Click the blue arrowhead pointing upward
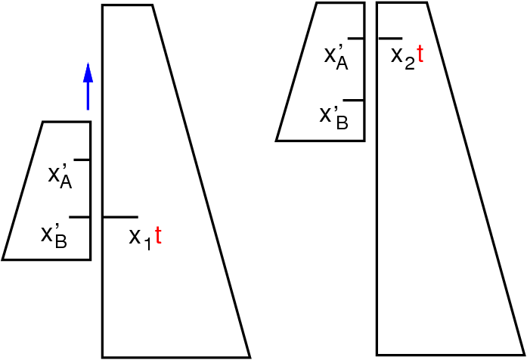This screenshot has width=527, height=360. pyautogui.click(x=88, y=73)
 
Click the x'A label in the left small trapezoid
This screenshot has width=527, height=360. pyautogui.click(x=60, y=177)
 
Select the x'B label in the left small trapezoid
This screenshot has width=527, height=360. pyautogui.click(x=54, y=236)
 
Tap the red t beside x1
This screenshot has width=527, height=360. pyautogui.click(x=158, y=235)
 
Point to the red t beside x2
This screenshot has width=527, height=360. pyautogui.click(x=420, y=54)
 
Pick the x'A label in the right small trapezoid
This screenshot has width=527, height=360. pyautogui.click(x=336, y=57)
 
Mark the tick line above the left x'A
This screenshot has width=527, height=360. pyautogui.click(x=82, y=160)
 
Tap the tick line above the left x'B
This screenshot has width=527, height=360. pyautogui.click(x=79, y=218)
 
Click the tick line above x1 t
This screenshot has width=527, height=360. pyautogui.click(x=120, y=217)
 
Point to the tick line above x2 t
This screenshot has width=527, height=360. pyautogui.click(x=390, y=39)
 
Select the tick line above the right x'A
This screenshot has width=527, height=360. pyautogui.click(x=356, y=39)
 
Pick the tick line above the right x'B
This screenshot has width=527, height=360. pyautogui.click(x=353, y=100)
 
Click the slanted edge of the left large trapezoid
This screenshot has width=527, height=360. pyautogui.click(x=201, y=181)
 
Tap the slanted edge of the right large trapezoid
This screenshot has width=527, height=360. pyautogui.click(x=476, y=178)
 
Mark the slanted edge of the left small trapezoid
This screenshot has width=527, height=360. pyautogui.click(x=23, y=191)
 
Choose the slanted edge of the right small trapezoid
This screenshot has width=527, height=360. pyautogui.click(x=296, y=72)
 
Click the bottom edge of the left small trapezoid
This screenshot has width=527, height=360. pyautogui.click(x=46, y=259)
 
